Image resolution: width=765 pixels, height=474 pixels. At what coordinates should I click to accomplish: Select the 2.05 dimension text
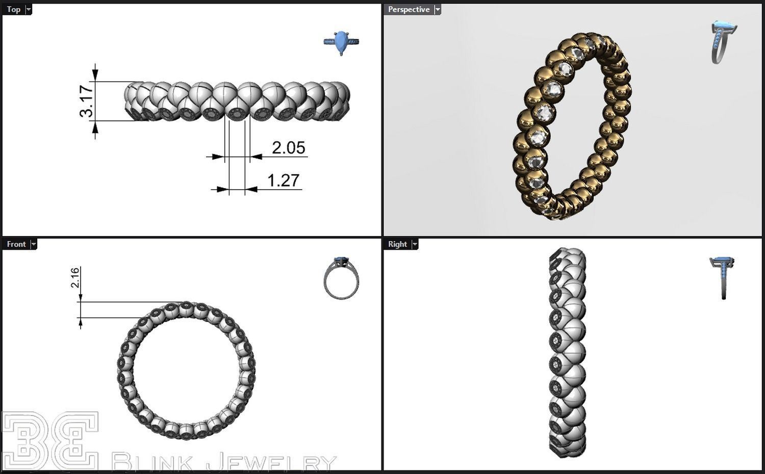coord(288,148)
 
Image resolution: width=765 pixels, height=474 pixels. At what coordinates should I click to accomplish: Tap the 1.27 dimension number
coord(283,180)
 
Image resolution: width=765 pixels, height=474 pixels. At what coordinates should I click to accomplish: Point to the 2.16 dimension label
coord(74,277)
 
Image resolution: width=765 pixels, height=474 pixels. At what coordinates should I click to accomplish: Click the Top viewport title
coord(14,9)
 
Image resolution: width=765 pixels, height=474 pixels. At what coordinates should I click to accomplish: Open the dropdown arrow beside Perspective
coord(437,10)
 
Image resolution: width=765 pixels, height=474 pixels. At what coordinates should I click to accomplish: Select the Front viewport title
coord(16,244)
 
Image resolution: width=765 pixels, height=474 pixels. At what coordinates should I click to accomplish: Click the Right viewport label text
coord(397,244)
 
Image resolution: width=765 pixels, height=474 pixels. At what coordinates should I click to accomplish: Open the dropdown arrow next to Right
coord(415,245)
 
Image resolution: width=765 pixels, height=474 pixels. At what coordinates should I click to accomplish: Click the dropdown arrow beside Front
coord(34,245)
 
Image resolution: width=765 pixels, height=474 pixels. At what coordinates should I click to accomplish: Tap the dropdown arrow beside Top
coord(29,10)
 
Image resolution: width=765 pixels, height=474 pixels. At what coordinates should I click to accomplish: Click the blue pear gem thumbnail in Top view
coord(341,42)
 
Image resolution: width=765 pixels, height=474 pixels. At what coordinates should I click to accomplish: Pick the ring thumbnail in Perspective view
coord(723,42)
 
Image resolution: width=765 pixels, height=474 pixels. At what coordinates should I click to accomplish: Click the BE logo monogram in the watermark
coord(49,441)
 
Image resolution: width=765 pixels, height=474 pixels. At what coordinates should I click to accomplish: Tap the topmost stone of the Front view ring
coord(186,305)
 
